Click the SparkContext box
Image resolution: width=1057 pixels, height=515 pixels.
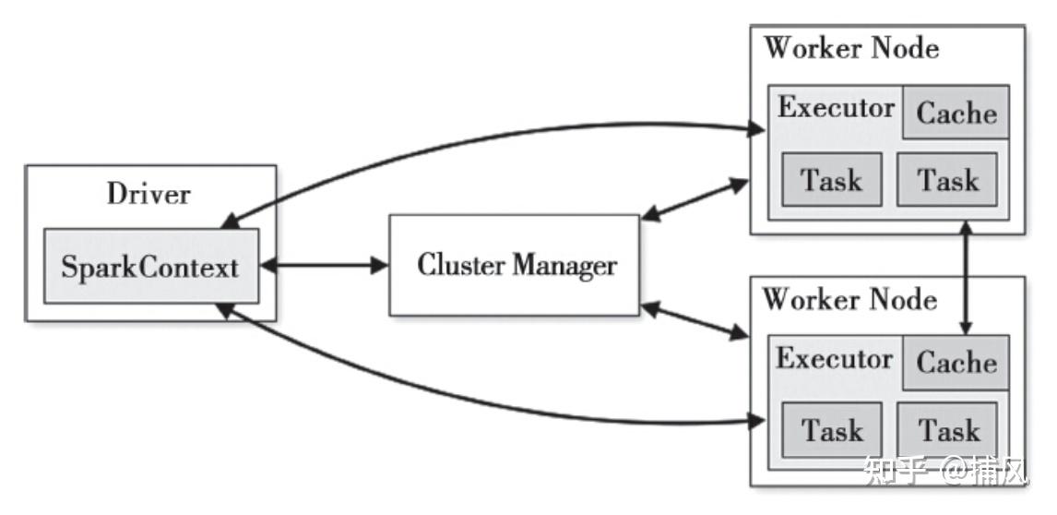(151, 266)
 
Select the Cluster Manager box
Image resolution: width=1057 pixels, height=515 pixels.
(515, 265)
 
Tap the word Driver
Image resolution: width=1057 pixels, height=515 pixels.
(149, 195)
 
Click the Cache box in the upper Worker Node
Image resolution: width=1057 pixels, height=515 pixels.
(956, 112)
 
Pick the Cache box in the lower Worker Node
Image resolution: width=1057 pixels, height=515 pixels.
(956, 363)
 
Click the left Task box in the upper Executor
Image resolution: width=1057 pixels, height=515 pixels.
(832, 180)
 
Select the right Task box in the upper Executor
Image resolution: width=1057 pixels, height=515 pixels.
(947, 180)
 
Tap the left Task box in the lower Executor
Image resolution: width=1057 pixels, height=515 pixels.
(832, 429)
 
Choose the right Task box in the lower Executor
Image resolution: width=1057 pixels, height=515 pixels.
(947, 429)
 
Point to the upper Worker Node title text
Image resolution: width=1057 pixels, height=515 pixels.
(851, 48)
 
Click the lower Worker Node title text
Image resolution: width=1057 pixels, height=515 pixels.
(850, 298)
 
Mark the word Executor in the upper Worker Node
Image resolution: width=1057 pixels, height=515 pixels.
(836, 108)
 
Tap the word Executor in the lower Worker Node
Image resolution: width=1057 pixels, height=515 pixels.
(835, 358)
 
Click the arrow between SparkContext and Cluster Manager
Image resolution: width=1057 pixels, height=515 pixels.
(325, 265)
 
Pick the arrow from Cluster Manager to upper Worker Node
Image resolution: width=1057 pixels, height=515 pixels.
(695, 199)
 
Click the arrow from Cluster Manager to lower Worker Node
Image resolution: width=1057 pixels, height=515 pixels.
(695, 320)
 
